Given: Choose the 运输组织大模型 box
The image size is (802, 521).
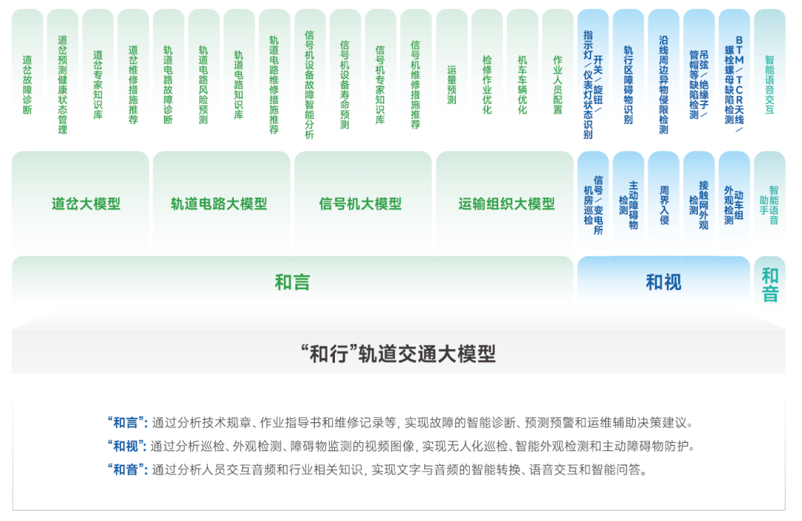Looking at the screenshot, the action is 505,203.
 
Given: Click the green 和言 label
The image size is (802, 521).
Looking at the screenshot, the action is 293,282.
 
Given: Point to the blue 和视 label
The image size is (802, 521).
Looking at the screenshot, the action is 663,282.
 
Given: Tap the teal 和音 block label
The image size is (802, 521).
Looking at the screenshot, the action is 770,285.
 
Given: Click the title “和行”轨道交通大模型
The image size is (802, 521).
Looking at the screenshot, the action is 399,354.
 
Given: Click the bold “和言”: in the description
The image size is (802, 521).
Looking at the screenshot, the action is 128,423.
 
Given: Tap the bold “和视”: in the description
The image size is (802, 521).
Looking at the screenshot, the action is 128,446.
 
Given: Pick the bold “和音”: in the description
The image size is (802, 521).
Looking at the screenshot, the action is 128,469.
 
